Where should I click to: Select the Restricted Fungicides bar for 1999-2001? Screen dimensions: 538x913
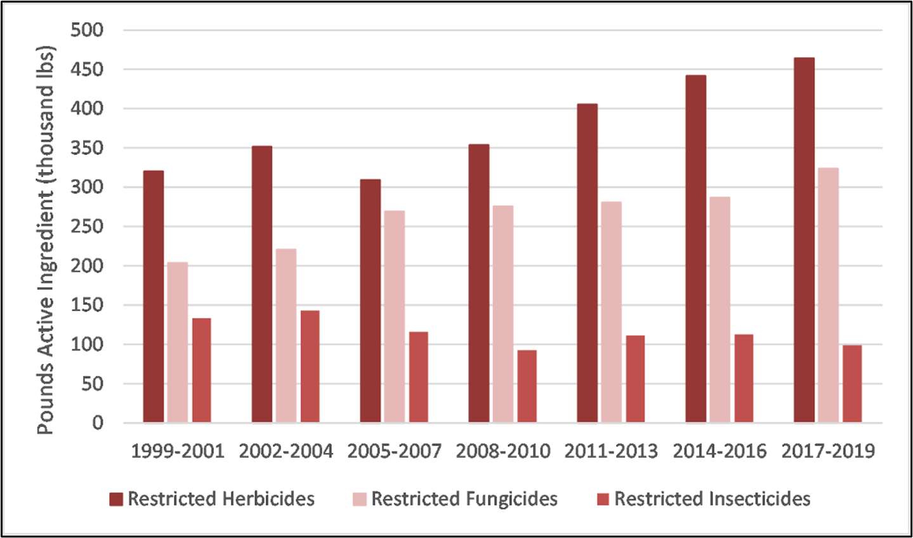pyautogui.click(x=178, y=342)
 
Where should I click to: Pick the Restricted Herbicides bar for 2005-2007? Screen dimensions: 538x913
pyautogui.click(x=371, y=301)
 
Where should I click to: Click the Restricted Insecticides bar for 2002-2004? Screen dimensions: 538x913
pyautogui.click(x=310, y=367)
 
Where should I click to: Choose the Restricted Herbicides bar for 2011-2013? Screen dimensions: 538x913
pyautogui.click(x=587, y=263)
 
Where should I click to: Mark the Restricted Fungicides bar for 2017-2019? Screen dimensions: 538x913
pyautogui.click(x=828, y=295)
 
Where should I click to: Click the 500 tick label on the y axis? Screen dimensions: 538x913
pyautogui.click(x=88, y=30)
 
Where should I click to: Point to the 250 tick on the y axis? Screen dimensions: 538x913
pyautogui.click(x=88, y=227)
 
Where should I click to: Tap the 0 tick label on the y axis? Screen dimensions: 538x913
pyautogui.click(x=97, y=423)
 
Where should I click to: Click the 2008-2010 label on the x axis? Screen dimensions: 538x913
pyautogui.click(x=502, y=452)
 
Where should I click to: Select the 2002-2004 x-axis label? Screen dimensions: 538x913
pyautogui.click(x=286, y=452)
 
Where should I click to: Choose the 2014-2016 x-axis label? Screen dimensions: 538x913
pyautogui.click(x=719, y=452)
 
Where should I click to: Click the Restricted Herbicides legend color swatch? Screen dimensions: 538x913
pyautogui.click(x=116, y=499)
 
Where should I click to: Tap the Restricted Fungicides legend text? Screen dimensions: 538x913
pyautogui.click(x=464, y=499)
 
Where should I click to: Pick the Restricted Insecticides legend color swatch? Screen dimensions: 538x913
pyautogui.click(x=603, y=499)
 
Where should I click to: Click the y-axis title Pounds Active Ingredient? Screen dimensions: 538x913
pyautogui.click(x=46, y=240)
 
